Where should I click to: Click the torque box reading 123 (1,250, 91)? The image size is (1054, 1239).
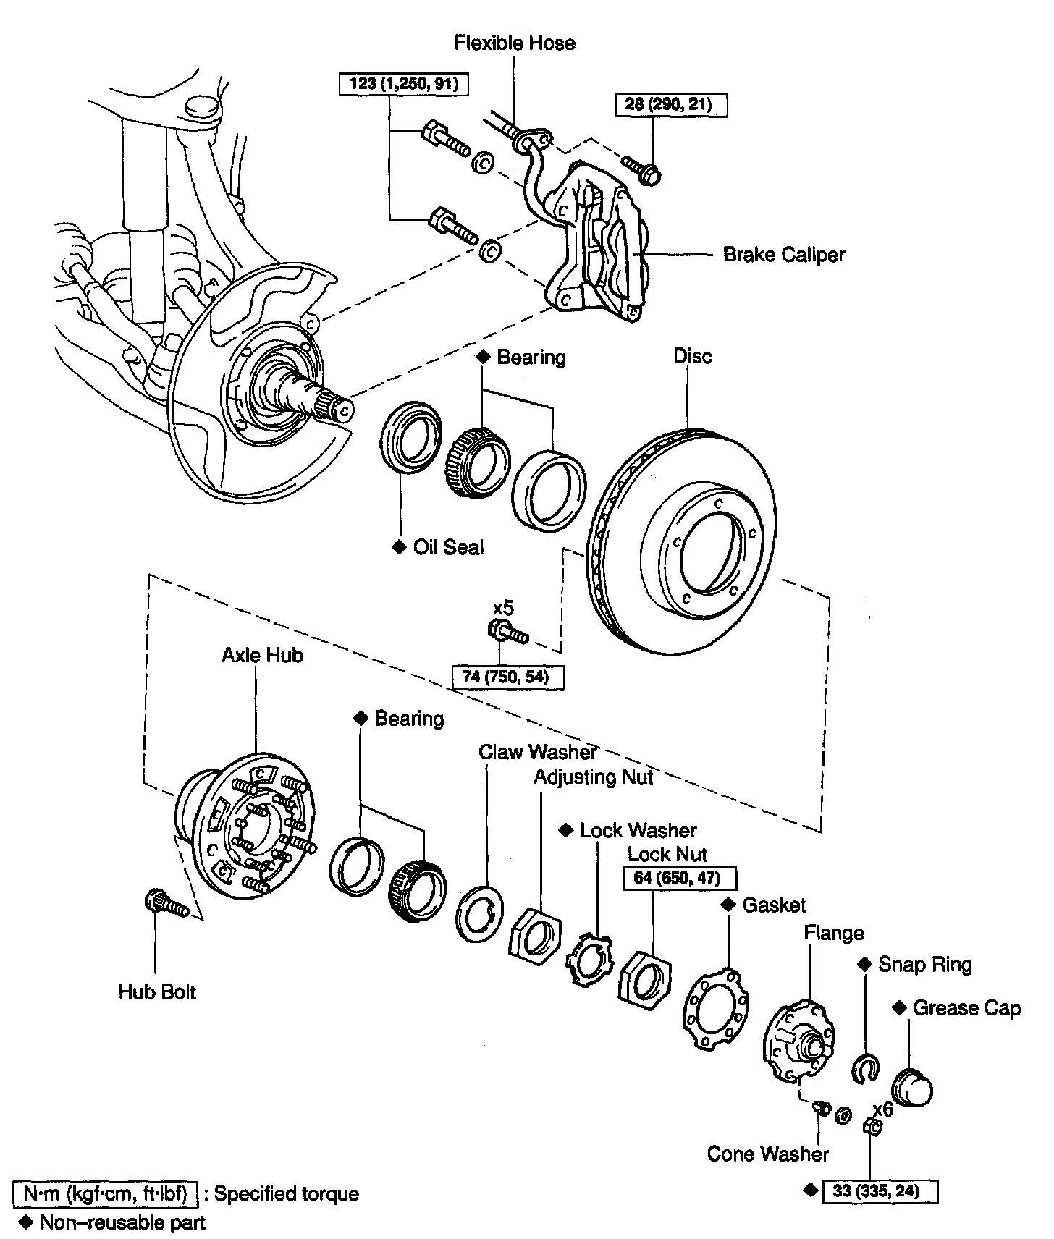pyautogui.click(x=402, y=84)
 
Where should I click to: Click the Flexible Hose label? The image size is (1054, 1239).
pyautogui.click(x=515, y=43)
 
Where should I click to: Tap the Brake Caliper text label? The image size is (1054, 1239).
pyautogui.click(x=784, y=255)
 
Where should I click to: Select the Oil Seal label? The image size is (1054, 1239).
pyautogui.click(x=448, y=547)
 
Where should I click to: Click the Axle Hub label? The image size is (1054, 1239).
pyautogui.click(x=262, y=656)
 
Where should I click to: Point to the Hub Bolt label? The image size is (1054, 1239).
pyautogui.click(x=157, y=991)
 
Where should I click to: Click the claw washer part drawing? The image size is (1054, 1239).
pyautogui.click(x=478, y=913)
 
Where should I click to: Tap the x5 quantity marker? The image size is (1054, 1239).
pyautogui.click(x=503, y=607)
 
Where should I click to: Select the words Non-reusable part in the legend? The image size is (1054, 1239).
pyautogui.click(x=122, y=1223)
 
